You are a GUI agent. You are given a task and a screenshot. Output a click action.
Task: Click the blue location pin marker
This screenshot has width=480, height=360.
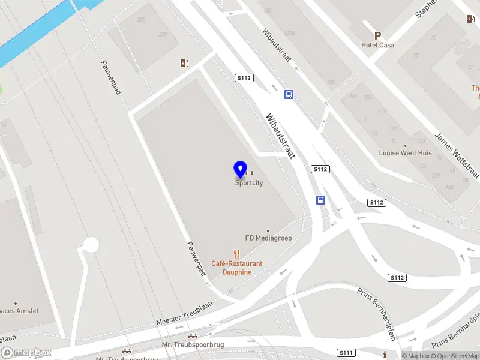tap(240, 170)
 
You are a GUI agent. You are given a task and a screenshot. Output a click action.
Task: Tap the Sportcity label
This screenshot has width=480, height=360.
tap(249, 184)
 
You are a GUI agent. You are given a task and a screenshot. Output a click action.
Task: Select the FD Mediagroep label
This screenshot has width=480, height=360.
tap(268, 238)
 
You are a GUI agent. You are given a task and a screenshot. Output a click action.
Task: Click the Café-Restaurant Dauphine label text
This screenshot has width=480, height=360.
tap(237, 268)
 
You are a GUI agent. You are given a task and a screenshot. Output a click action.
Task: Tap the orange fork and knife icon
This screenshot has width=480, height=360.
tap(237, 254)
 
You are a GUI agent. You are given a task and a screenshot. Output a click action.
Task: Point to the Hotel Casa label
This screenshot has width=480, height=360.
tap(378, 45)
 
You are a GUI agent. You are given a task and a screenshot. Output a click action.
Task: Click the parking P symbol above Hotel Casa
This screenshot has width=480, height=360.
tap(377, 35)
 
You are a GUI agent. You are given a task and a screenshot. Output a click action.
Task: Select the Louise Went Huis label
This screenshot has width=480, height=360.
tap(406, 153)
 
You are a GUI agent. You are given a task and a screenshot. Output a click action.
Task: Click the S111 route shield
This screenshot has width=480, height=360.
tap(345, 352)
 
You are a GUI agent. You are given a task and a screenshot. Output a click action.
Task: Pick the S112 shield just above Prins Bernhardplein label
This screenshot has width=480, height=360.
tap(397, 277)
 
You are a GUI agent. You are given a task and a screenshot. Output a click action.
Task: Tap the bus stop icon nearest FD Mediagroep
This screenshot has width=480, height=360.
tap(321, 200)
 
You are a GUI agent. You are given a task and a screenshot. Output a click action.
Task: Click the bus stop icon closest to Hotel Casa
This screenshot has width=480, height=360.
tap(289, 94)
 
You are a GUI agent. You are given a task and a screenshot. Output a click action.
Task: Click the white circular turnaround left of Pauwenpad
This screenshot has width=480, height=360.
tap(91, 245)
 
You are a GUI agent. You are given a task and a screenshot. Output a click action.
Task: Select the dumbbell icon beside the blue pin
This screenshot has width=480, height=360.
tap(250, 173)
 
